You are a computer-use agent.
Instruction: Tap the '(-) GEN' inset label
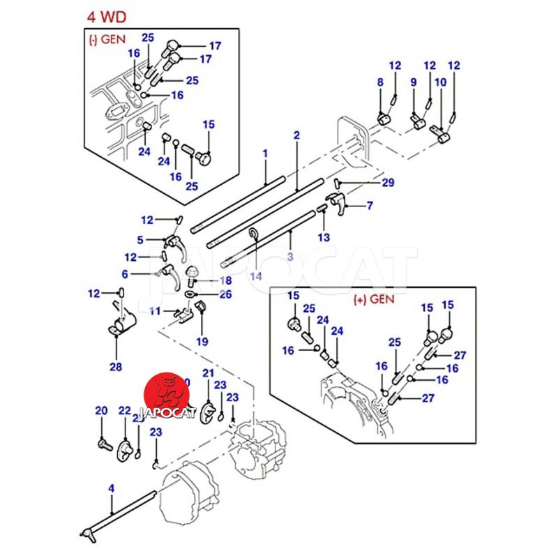click(107, 40)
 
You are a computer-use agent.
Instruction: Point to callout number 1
click(265, 152)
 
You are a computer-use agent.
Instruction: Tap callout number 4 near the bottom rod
click(111, 489)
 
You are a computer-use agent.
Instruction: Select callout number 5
click(140, 240)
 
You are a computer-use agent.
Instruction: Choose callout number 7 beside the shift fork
click(370, 206)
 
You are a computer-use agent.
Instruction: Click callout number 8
click(380, 83)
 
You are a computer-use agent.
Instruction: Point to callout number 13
click(324, 238)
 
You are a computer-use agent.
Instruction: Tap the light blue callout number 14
click(256, 276)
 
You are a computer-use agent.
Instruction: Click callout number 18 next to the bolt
click(225, 280)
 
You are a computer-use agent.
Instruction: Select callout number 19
click(202, 342)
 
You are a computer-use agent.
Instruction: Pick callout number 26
click(225, 294)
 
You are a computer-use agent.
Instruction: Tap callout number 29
click(388, 183)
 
